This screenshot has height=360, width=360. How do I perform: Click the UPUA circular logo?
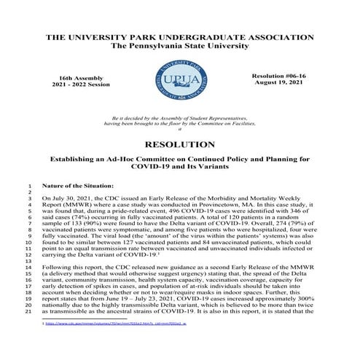[179, 82]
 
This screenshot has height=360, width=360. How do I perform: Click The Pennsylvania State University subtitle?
[179, 46]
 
